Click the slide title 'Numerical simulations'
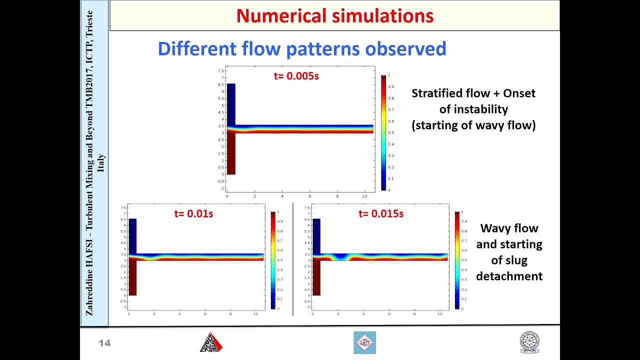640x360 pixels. pos(334,16)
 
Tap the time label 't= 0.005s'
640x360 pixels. pos(296,76)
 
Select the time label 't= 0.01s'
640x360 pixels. pos(193,214)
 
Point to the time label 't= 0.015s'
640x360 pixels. pos(380,214)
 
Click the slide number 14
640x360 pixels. pos(104,343)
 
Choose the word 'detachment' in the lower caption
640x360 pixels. pos(509,276)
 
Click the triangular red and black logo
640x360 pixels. pos(211,343)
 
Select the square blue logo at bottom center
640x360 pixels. pos(364,343)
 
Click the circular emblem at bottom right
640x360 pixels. pos(529,343)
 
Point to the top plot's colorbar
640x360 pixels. pos(383,132)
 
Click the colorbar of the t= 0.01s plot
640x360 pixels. pos(273,260)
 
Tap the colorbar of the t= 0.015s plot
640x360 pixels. pos(457,260)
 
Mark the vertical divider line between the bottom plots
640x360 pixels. pos(293,259)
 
